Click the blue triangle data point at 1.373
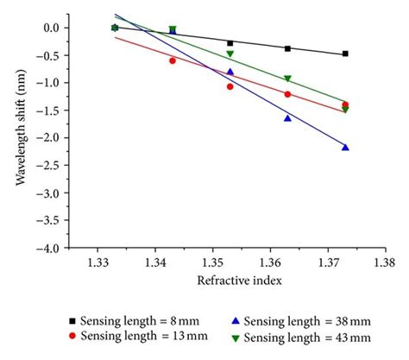coord(345,148)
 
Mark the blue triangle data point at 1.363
coord(287,118)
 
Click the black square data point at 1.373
coord(345,54)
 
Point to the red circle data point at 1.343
coord(173,60)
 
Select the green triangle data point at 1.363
coord(287,79)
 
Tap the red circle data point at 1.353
coord(230,86)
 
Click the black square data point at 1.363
coord(287,48)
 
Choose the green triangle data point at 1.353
coord(230,54)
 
